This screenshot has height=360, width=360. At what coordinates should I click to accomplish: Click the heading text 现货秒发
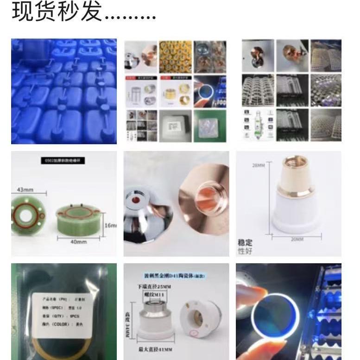tap(56, 12)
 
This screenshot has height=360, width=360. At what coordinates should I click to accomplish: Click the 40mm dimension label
tap(78, 242)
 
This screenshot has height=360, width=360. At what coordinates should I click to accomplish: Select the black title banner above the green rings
tap(64, 162)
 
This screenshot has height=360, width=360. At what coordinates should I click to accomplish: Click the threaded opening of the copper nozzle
tap(207, 192)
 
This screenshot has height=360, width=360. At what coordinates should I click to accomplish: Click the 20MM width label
tap(297, 239)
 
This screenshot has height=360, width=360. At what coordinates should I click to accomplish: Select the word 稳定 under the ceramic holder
tap(245, 242)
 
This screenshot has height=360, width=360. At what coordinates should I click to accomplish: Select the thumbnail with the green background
tap(211, 126)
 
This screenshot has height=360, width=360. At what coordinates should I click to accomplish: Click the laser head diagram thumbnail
tap(258, 126)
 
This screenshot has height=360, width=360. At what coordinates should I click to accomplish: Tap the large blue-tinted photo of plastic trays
tap(64, 91)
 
